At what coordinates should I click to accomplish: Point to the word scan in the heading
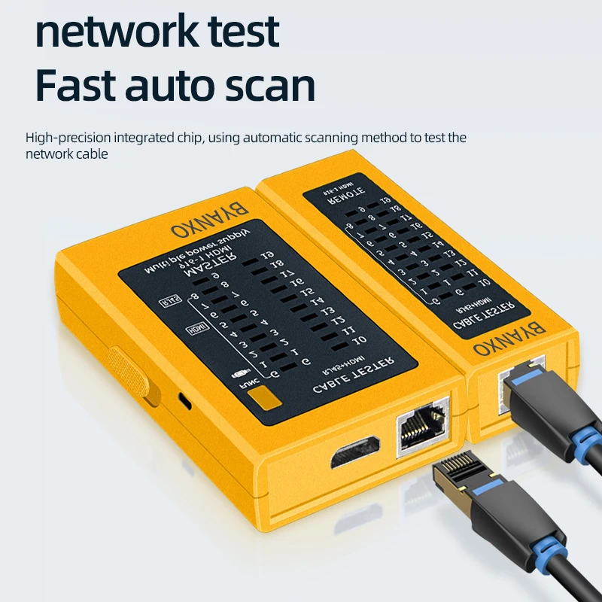coord(273,87)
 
